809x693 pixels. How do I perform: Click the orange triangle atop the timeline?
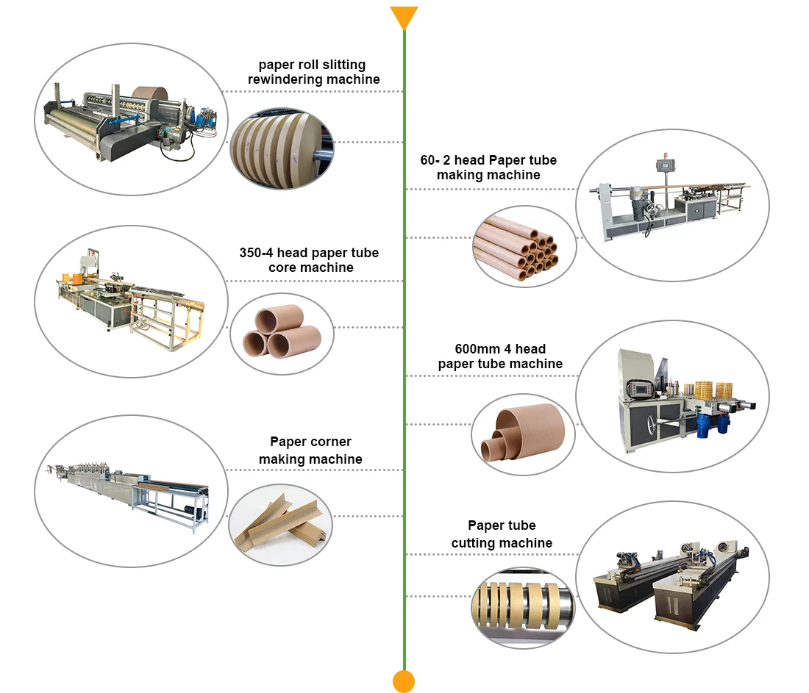coord(404,16)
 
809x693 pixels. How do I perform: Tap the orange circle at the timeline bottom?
coord(404,681)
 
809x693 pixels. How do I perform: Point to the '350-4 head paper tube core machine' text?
coord(309,260)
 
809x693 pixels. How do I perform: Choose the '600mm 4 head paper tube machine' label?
coord(500,356)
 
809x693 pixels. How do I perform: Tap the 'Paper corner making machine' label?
coord(310,450)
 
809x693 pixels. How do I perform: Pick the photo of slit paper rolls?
coord(282,144)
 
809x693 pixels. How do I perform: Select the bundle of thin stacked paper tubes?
coord(524,246)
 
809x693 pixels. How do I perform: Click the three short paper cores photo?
coord(282,333)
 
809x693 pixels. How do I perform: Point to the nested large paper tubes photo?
coord(522,433)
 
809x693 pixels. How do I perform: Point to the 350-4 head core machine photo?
coord(129,302)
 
